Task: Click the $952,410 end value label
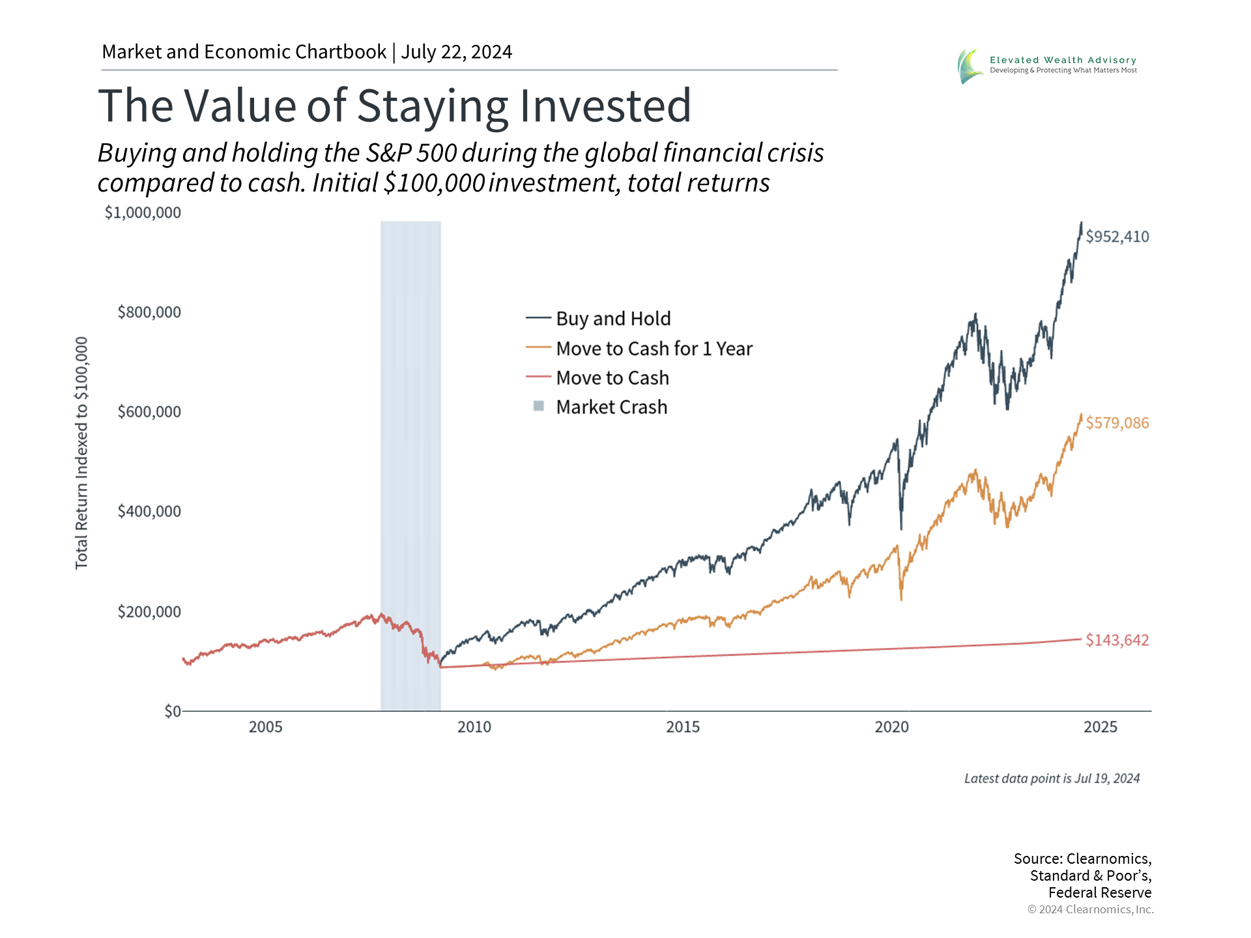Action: (x=1117, y=236)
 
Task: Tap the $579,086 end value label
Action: (x=1117, y=423)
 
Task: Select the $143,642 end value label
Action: (x=1117, y=640)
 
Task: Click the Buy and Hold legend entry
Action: (x=612, y=319)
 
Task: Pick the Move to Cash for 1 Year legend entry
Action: (x=654, y=348)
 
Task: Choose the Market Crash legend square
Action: (x=539, y=406)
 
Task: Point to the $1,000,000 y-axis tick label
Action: (x=143, y=212)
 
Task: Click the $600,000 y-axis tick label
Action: (x=149, y=412)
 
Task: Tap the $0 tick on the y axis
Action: (x=172, y=711)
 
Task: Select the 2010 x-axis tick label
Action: (x=474, y=727)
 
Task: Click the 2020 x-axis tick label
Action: (x=891, y=727)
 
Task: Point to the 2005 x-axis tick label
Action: (x=265, y=727)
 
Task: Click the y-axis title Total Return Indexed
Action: (x=81, y=453)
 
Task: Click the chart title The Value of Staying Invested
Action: (x=394, y=106)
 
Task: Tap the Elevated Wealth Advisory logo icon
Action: (x=970, y=66)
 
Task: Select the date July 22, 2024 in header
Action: (x=456, y=52)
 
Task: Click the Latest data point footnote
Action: (x=1052, y=778)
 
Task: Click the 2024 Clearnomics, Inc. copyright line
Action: (x=1090, y=909)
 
